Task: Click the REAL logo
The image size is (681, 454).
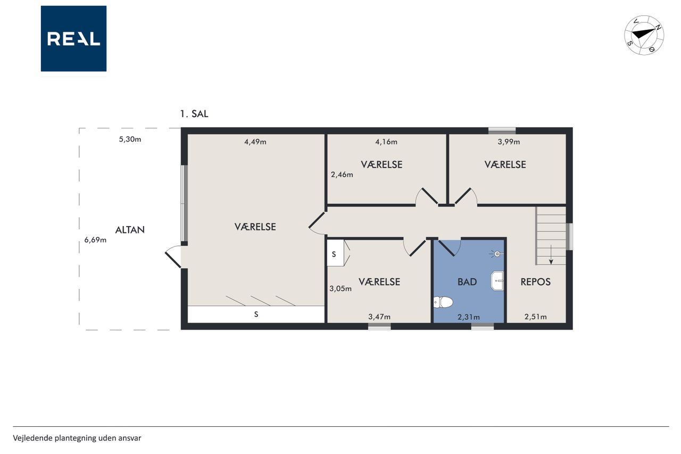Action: [73, 39]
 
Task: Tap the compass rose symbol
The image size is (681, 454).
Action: [644, 35]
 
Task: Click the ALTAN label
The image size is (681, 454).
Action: [130, 230]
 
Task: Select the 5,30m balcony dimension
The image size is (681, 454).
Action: [130, 139]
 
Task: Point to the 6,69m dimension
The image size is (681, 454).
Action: [95, 240]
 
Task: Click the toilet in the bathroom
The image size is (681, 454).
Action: [443, 302]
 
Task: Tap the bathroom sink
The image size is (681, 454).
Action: [497, 280]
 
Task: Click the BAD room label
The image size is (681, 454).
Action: [467, 282]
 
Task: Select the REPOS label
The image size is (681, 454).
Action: [535, 282]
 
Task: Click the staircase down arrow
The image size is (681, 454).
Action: [551, 254]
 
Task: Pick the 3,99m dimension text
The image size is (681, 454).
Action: [509, 142]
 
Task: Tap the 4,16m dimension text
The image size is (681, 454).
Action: [386, 142]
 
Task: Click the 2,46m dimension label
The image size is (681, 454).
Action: [342, 175]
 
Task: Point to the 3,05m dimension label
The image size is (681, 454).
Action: [340, 288]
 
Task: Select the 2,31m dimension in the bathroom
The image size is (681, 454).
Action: [469, 317]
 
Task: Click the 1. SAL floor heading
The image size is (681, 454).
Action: [194, 114]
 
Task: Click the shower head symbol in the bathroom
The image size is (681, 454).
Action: [497, 253]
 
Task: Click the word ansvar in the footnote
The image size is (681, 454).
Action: [131, 438]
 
